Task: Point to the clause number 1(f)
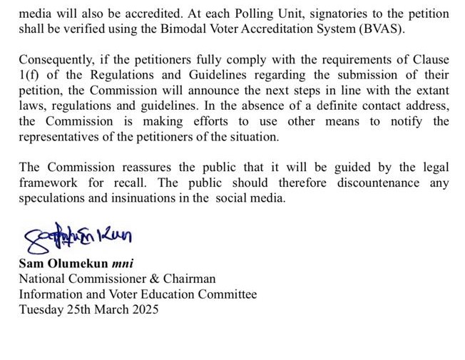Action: pyautogui.click(x=31, y=76)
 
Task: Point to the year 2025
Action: pyautogui.click(x=144, y=309)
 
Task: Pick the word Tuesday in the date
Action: pyautogui.click(x=40, y=309)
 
